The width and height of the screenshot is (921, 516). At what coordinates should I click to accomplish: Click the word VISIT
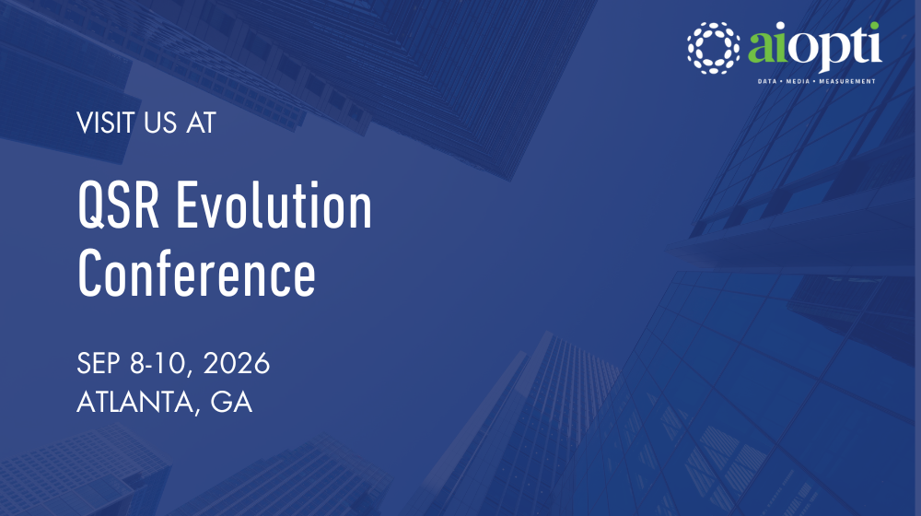coord(104,123)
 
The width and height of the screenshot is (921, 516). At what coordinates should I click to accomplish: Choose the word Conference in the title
coord(196,272)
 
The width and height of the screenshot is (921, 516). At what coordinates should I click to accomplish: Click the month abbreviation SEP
coord(99,364)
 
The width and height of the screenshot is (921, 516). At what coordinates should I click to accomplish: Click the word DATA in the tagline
coord(767,81)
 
